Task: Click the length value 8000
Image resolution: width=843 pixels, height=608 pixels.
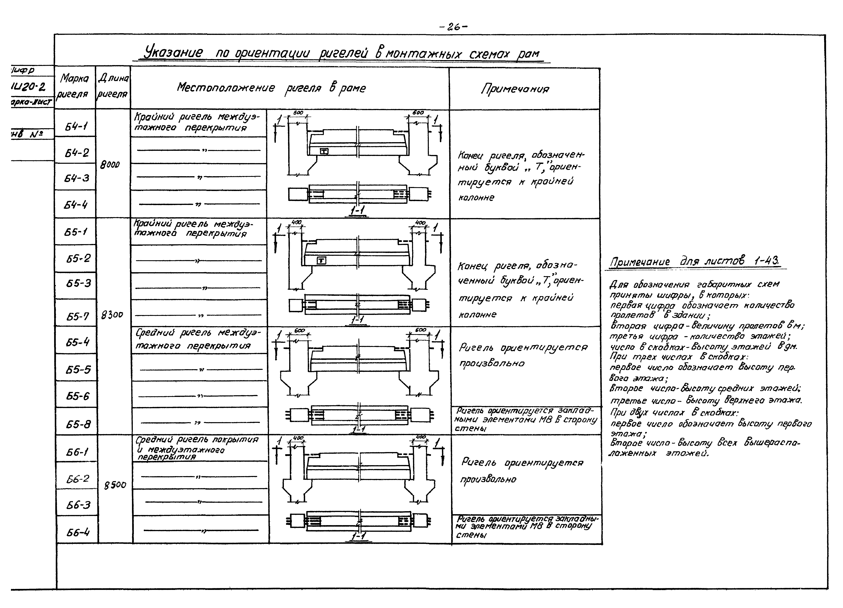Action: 110,165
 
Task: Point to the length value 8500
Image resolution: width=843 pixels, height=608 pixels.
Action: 115,485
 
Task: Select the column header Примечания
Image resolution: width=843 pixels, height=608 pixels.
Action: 515,89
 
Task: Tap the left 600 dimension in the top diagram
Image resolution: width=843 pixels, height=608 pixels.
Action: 298,112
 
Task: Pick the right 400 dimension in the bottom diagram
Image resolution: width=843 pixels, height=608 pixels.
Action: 420,437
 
